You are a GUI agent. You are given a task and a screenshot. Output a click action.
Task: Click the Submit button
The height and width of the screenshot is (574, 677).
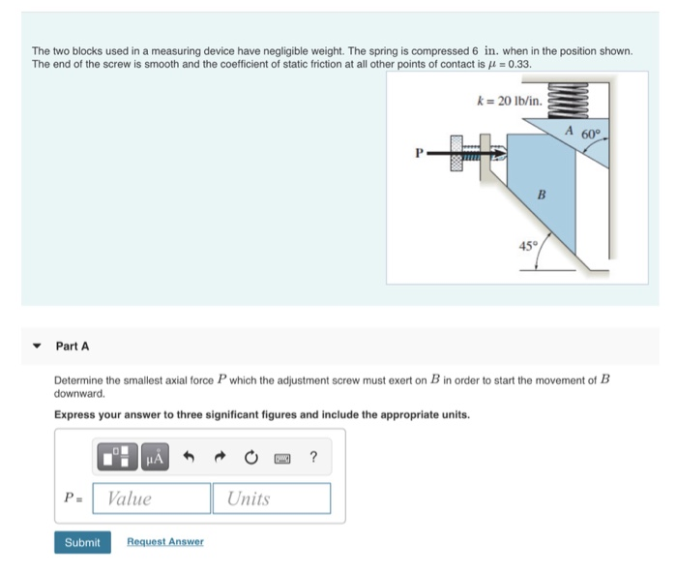81,542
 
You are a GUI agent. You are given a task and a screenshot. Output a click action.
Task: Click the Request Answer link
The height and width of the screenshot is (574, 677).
164,542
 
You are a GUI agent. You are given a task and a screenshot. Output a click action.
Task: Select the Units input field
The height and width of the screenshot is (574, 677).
272,498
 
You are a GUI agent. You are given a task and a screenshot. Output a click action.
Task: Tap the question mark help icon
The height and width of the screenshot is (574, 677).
313,457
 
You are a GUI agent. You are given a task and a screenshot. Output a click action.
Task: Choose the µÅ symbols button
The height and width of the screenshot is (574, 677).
155,457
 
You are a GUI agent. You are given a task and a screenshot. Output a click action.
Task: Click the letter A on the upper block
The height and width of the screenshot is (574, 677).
570,131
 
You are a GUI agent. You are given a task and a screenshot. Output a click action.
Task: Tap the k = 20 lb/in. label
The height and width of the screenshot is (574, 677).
510,100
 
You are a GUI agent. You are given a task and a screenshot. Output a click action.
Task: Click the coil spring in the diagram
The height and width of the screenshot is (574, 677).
564,99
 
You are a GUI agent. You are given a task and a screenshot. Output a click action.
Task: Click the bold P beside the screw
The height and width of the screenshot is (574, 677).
419,152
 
